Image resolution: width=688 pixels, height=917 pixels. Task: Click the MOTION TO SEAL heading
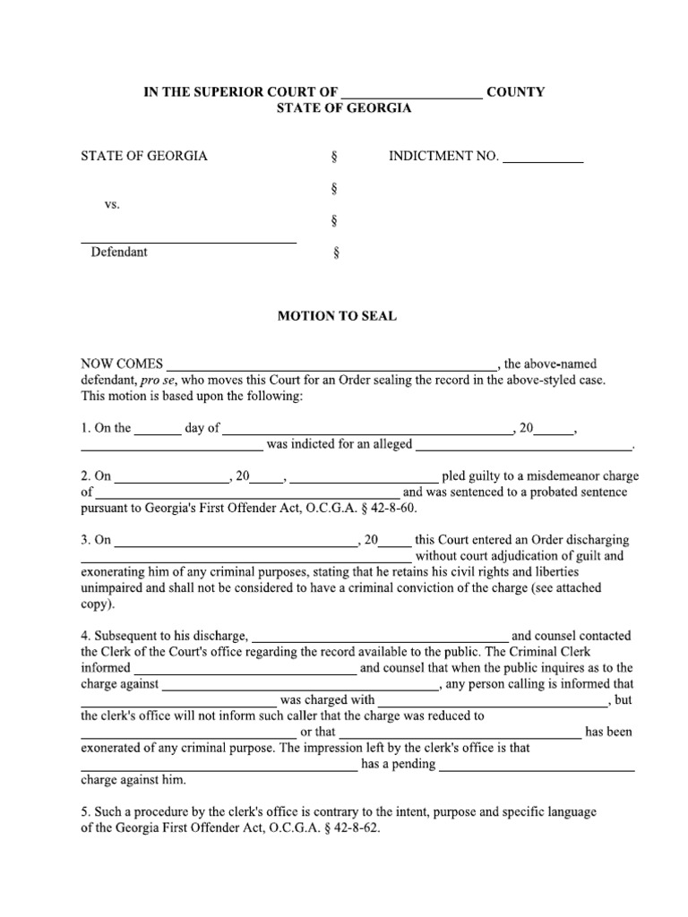tap(336, 316)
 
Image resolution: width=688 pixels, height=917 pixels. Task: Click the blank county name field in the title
tap(412, 93)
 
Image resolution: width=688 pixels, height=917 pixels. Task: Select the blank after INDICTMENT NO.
tap(543, 158)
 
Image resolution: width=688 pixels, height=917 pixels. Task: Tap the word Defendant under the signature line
tap(119, 253)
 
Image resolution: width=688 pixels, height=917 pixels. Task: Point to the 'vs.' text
tap(112, 204)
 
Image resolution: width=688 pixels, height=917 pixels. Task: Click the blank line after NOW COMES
tap(331, 365)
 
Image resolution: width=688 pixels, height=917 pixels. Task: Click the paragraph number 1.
tap(84, 428)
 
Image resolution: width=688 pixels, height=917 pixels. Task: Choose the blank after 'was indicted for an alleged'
tap(524, 445)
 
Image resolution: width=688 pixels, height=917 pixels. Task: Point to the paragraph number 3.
tap(84, 540)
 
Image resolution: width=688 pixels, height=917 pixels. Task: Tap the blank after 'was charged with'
tap(494, 700)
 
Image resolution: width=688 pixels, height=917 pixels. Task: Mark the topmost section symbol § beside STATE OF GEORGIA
tap(334, 157)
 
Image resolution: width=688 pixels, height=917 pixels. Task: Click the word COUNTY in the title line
tap(515, 92)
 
